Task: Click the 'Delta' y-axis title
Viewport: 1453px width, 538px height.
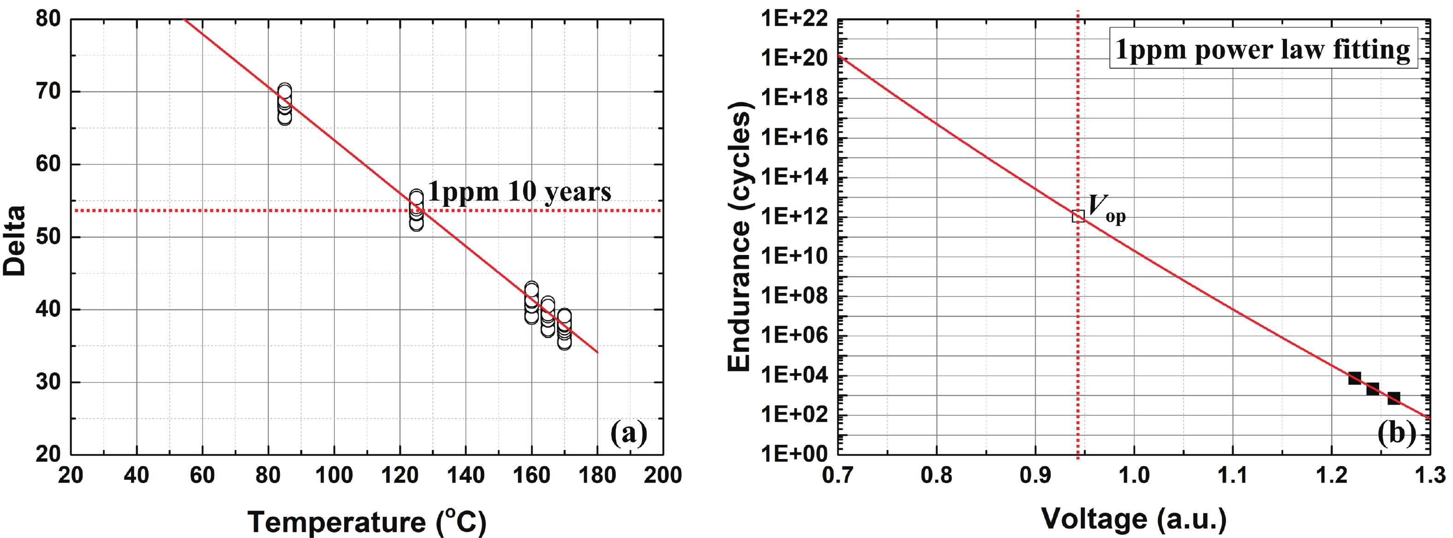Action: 15,241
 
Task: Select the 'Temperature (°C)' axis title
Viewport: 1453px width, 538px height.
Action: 367,522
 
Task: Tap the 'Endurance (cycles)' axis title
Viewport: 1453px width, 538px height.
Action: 739,237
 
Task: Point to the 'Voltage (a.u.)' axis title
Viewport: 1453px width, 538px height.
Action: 1134,518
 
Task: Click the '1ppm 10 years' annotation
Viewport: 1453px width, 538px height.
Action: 519,192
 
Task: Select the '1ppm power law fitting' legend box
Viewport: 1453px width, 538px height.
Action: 1263,49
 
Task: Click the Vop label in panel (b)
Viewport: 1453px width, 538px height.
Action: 1106,208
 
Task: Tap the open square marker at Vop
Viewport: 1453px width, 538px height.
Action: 1078,216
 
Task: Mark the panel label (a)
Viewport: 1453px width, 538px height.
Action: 628,433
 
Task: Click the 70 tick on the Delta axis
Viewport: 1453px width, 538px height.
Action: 48,91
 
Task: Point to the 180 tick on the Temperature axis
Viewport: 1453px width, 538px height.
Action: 597,475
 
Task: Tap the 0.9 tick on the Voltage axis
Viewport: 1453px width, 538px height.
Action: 1035,475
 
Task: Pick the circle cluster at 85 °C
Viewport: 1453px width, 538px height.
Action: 285,104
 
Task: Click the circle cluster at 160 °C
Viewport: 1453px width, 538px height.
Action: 531,302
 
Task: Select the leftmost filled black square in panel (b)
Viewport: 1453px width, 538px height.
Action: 1354,378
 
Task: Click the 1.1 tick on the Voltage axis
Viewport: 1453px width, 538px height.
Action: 1233,475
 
